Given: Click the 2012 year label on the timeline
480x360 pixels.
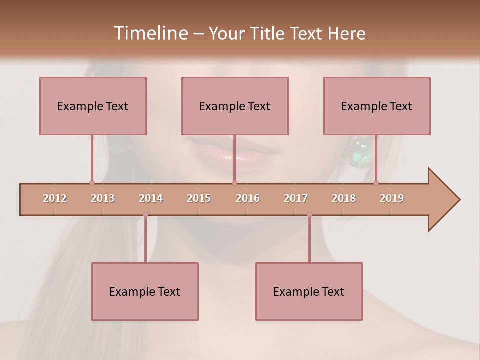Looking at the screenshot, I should tap(55, 198).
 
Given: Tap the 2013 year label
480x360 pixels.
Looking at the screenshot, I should tap(103, 198).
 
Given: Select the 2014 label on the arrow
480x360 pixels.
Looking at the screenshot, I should tap(151, 198).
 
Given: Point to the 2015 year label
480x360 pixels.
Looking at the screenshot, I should tap(199, 198).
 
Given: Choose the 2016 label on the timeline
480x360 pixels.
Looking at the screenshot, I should tap(248, 198).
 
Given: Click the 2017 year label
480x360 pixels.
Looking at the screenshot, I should tap(296, 198).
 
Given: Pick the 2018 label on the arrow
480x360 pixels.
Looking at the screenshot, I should tap(344, 198).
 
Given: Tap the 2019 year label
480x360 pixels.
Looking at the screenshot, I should tap(392, 198).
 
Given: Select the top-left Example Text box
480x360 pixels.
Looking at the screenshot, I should tap(93, 106).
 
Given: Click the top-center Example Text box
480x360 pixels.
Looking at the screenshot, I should tap(235, 106).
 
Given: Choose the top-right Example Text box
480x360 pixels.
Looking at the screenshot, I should tap(377, 106).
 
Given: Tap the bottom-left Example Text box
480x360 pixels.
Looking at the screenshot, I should tap(145, 291).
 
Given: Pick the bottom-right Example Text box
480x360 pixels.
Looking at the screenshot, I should tap(309, 291).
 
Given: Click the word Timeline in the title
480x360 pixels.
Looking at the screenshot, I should tap(150, 33).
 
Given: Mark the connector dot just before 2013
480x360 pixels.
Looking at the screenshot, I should tap(92, 183).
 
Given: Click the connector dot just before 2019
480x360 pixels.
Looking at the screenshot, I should tap(376, 183).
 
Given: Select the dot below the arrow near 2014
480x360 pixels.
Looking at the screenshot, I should tap(145, 215).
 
